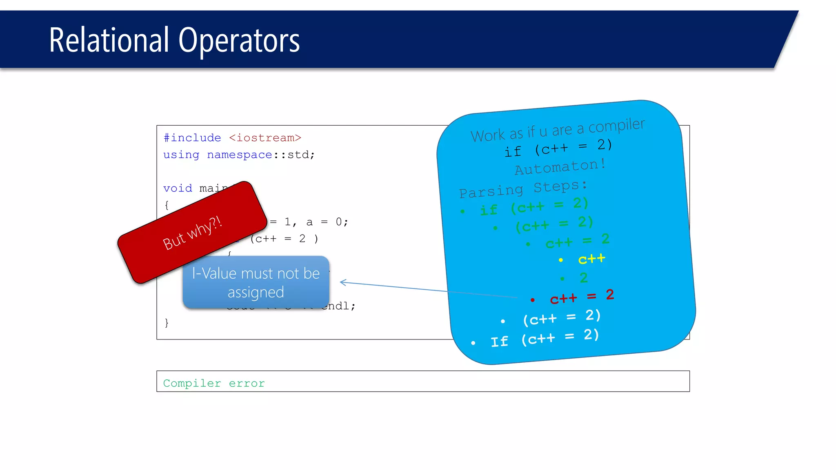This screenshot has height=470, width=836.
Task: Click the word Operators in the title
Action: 239,41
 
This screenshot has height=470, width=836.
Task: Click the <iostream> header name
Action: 265,138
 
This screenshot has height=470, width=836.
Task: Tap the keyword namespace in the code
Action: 240,155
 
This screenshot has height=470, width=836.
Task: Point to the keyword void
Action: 178,188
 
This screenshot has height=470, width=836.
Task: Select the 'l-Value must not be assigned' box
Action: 256,282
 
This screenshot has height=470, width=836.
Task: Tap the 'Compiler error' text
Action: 214,383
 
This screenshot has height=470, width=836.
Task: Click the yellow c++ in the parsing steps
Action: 591,259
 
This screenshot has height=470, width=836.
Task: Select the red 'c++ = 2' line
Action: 582,297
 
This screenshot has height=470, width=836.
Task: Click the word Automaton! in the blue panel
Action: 560,166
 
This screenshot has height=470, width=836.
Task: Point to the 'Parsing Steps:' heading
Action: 523,189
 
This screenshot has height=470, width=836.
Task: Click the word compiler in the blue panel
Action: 616,126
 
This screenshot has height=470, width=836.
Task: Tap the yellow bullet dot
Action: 561,260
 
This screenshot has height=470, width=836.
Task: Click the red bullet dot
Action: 532,300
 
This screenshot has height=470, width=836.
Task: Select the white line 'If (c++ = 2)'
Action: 545,339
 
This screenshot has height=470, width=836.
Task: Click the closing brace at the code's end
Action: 167,323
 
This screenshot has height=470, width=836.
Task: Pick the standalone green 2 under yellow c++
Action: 584,278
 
